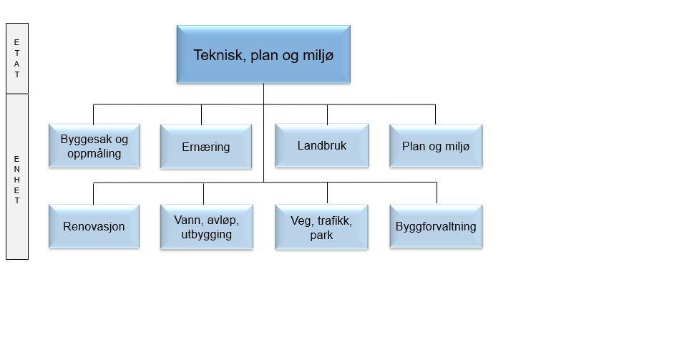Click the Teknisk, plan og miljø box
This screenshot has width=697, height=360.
pyautogui.click(x=263, y=54)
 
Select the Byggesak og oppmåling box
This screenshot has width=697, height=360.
pyautogui.click(x=94, y=146)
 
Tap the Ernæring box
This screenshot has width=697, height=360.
pyautogui.click(x=206, y=147)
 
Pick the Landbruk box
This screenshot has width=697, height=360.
pyautogui.click(x=322, y=145)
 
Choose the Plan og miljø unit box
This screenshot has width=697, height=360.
pyautogui.click(x=436, y=146)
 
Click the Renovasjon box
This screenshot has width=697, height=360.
pyautogui.click(x=94, y=226)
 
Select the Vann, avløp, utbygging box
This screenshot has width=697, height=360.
pyautogui.click(x=206, y=227)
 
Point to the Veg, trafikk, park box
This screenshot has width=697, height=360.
pyautogui.click(x=321, y=227)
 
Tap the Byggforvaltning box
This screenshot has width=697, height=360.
pyautogui.click(x=436, y=226)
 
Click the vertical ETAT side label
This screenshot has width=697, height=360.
pyautogui.click(x=17, y=58)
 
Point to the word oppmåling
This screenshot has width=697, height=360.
pyautogui.click(x=94, y=154)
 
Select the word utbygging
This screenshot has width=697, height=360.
pyautogui.click(x=207, y=235)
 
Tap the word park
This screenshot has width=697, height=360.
pyautogui.click(x=321, y=235)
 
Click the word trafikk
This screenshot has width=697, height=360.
pyautogui.click(x=333, y=221)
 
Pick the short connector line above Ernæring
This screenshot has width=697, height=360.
pyautogui.click(x=201, y=115)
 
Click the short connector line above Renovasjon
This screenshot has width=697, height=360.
pyautogui.click(x=93, y=193)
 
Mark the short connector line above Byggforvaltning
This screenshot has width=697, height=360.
pyautogui.click(x=437, y=193)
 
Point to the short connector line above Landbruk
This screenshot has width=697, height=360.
pyautogui.click(x=327, y=115)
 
